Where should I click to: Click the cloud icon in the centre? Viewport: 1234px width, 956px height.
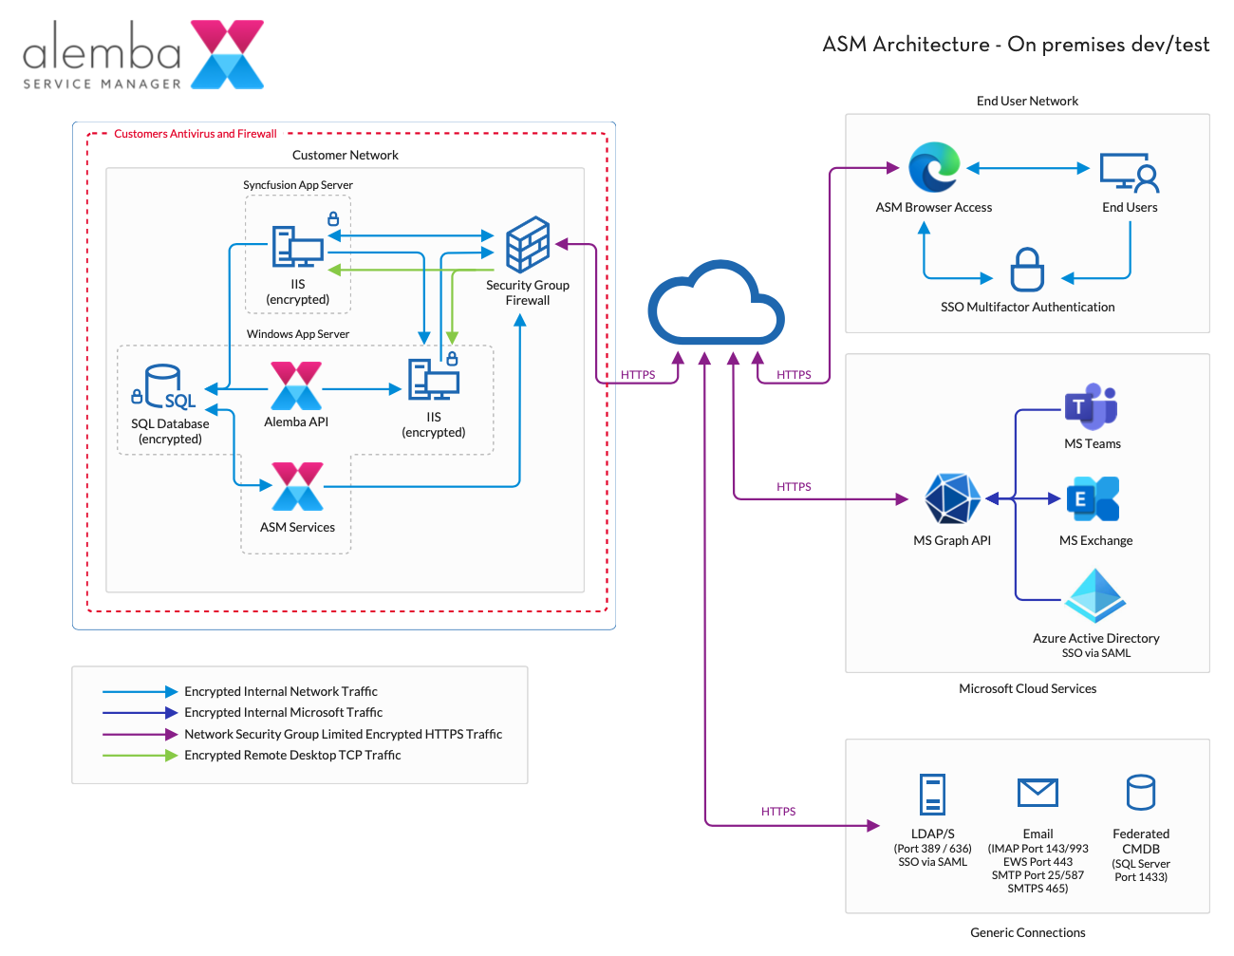(716, 304)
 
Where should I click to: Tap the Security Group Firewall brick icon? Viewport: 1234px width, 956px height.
(528, 244)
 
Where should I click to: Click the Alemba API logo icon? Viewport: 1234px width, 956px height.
(296, 385)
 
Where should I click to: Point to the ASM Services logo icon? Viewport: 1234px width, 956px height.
(297, 487)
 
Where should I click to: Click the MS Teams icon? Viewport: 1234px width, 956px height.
(1092, 406)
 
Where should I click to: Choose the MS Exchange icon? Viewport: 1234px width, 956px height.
(1094, 499)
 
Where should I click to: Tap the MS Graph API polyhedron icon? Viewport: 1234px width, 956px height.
(952, 498)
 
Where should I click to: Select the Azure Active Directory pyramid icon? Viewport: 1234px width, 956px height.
(1095, 596)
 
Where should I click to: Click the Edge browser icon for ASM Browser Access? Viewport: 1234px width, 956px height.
(934, 168)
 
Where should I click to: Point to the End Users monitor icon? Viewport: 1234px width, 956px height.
(1130, 172)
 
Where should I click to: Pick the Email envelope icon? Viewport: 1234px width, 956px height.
(1038, 793)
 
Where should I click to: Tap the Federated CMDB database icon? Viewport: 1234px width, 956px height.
(1140, 794)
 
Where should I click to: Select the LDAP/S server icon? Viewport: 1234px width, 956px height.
(932, 795)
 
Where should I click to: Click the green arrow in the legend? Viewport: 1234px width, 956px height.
(140, 756)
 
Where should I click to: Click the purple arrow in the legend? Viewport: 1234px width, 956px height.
(140, 735)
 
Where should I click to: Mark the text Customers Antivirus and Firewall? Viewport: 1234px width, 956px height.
(196, 134)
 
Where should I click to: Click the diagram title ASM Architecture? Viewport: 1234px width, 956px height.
(1016, 45)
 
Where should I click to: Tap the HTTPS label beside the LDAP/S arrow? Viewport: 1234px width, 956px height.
(778, 812)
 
